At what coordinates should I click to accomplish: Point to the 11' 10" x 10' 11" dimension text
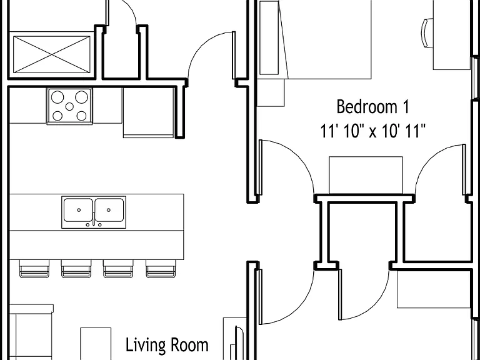373,131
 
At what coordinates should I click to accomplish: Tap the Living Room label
167,344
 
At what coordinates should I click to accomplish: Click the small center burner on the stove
69,106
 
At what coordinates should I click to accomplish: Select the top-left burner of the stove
57,97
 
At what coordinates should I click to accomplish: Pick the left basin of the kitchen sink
78,210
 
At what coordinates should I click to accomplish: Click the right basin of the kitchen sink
109,210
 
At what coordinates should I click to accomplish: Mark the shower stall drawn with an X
52,54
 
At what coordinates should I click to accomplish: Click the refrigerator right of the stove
149,113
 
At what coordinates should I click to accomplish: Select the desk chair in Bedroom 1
428,32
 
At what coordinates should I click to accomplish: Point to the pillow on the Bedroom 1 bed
269,37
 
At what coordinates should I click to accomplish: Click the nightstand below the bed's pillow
271,92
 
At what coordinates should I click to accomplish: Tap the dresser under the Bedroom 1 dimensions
366,175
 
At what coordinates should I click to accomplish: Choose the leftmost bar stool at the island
34,269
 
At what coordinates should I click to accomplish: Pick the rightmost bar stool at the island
161,269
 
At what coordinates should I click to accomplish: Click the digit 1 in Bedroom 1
405,107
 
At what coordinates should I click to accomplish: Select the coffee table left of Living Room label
96,344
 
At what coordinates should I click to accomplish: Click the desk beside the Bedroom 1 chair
452,35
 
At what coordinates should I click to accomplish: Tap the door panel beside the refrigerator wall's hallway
234,55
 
